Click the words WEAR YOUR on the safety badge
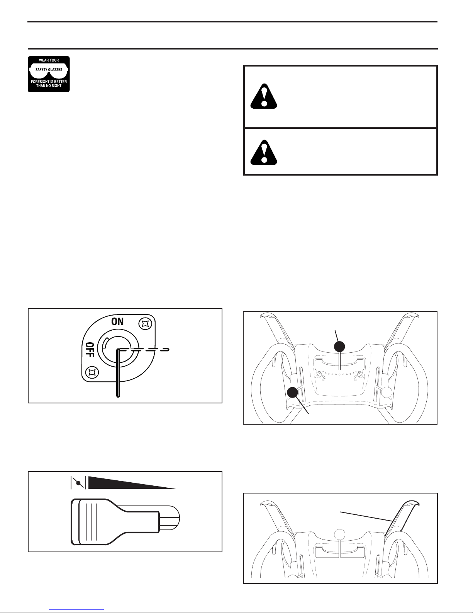click(x=49, y=60)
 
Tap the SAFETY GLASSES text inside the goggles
click(x=49, y=70)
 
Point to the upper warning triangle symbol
click(x=263, y=96)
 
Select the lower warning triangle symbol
click(x=263, y=152)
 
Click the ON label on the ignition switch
click(x=117, y=322)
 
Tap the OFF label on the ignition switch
click(x=90, y=350)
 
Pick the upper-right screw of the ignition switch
click(x=145, y=324)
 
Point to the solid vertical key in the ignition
click(x=118, y=373)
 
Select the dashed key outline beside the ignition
click(x=144, y=350)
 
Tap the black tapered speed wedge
click(x=132, y=483)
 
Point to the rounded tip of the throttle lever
click(x=170, y=518)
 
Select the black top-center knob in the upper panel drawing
click(x=339, y=347)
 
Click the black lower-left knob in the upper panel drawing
click(x=293, y=393)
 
